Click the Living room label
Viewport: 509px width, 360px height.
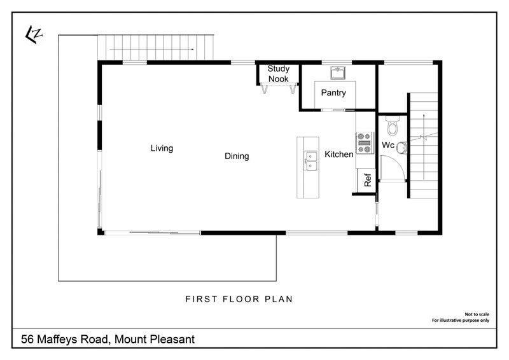click(162, 148)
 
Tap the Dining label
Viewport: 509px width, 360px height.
click(237, 156)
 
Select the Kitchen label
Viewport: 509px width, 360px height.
click(339, 154)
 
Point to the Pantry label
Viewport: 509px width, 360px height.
click(333, 93)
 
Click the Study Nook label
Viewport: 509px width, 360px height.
click(278, 74)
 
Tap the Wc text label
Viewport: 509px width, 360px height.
click(388, 146)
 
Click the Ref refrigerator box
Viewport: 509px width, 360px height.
click(367, 180)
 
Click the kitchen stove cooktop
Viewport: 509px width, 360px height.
click(365, 143)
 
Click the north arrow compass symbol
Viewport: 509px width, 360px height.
click(32, 35)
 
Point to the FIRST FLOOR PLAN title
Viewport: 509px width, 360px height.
click(239, 298)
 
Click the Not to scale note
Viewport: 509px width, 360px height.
click(477, 314)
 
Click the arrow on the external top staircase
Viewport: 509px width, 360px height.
click(152, 49)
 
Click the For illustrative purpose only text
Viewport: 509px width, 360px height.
click(462, 321)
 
